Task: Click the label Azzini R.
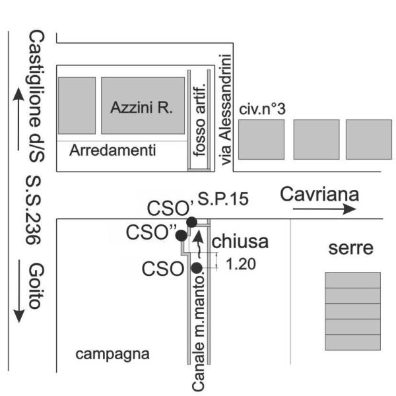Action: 142,108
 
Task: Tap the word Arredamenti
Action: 113,150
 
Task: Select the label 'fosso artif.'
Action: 200,121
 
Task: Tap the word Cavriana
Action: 319,194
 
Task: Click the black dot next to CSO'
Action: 191,222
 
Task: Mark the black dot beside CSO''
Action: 181,235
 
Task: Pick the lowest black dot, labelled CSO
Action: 196,267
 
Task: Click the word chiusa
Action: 240,242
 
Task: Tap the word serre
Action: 351,249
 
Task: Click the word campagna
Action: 113,354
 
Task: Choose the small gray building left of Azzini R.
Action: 77,106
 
